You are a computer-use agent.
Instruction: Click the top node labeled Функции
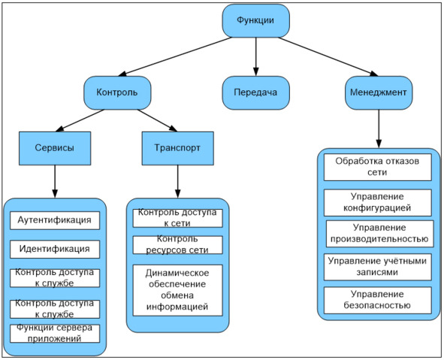coord(255,21)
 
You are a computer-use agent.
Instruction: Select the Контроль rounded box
coord(117,92)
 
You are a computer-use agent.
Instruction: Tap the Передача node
coord(255,92)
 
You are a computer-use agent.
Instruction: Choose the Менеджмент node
coord(379,92)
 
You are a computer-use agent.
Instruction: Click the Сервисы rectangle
coord(55,148)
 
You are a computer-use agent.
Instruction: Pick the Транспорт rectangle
coord(178,148)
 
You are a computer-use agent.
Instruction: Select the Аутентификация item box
coord(55,220)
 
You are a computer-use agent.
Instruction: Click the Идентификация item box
coord(55,250)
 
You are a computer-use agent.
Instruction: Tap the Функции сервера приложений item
coord(55,334)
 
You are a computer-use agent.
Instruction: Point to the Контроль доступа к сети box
coord(178,218)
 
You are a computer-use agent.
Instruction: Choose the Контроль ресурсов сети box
coord(178,245)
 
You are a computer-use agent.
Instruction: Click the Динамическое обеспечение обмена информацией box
coord(178,290)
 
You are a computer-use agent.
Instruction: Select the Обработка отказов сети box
coord(378,167)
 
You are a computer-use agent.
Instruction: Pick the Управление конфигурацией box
coord(378,202)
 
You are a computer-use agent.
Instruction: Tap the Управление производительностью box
coord(379,234)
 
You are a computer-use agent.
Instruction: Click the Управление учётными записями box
coord(378,267)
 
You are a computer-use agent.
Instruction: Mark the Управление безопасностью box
coord(378,300)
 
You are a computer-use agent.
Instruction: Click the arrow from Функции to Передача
coord(256,56)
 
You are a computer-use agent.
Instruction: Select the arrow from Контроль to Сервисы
coord(80,120)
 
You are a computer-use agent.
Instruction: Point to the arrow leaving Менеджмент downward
coord(379,129)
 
